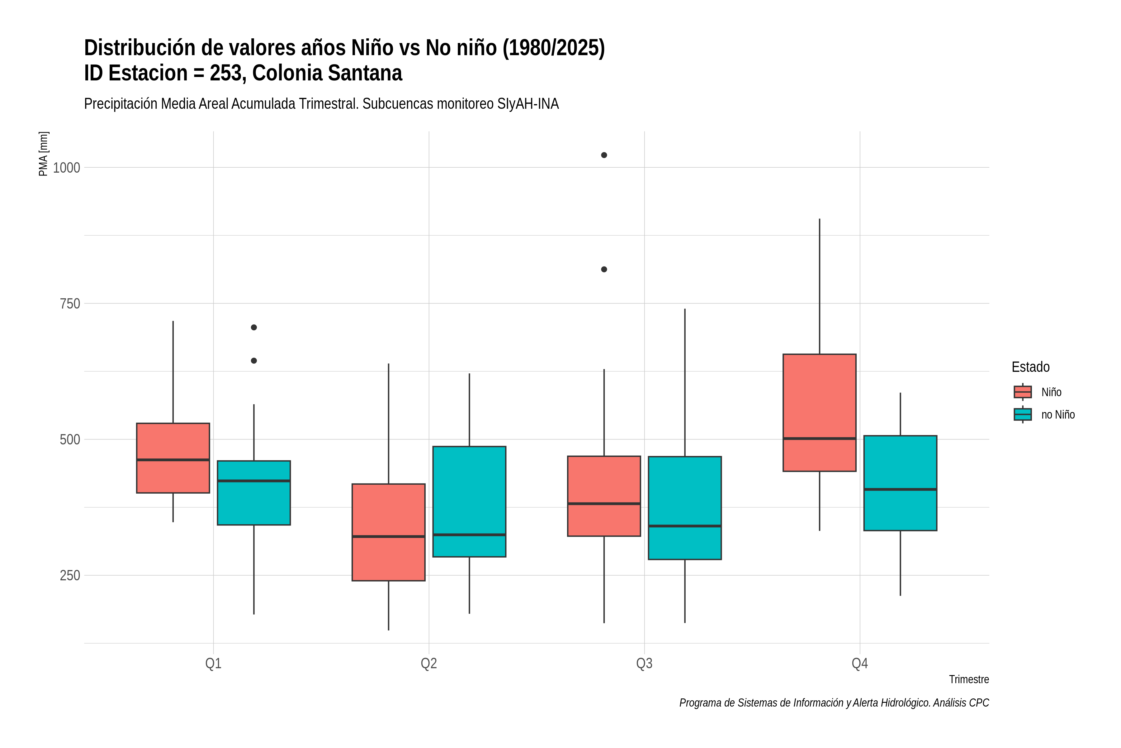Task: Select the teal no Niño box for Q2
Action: coord(470,501)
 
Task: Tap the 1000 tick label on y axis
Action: coord(66,168)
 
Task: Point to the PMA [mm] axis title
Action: coord(43,154)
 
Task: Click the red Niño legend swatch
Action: coord(1023,392)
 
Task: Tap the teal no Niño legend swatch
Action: coord(1023,415)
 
